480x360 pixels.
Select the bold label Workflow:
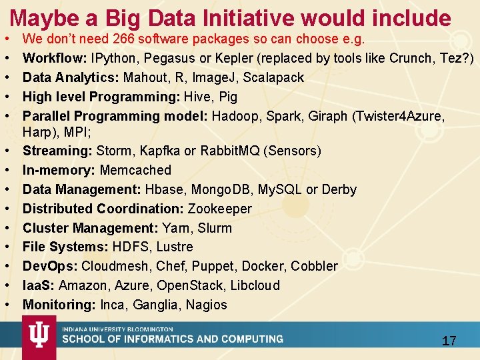(x=54, y=58)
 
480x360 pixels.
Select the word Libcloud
(x=257, y=285)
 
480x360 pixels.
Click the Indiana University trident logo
(x=39, y=337)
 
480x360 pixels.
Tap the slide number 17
(x=449, y=341)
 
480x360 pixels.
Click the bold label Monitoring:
(x=59, y=305)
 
